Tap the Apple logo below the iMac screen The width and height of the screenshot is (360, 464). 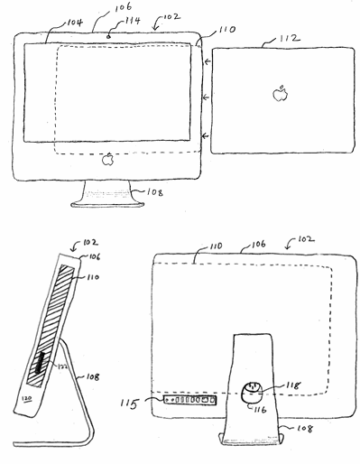click(108, 160)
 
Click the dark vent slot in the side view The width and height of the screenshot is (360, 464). click(43, 371)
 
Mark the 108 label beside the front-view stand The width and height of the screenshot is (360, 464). click(144, 191)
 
